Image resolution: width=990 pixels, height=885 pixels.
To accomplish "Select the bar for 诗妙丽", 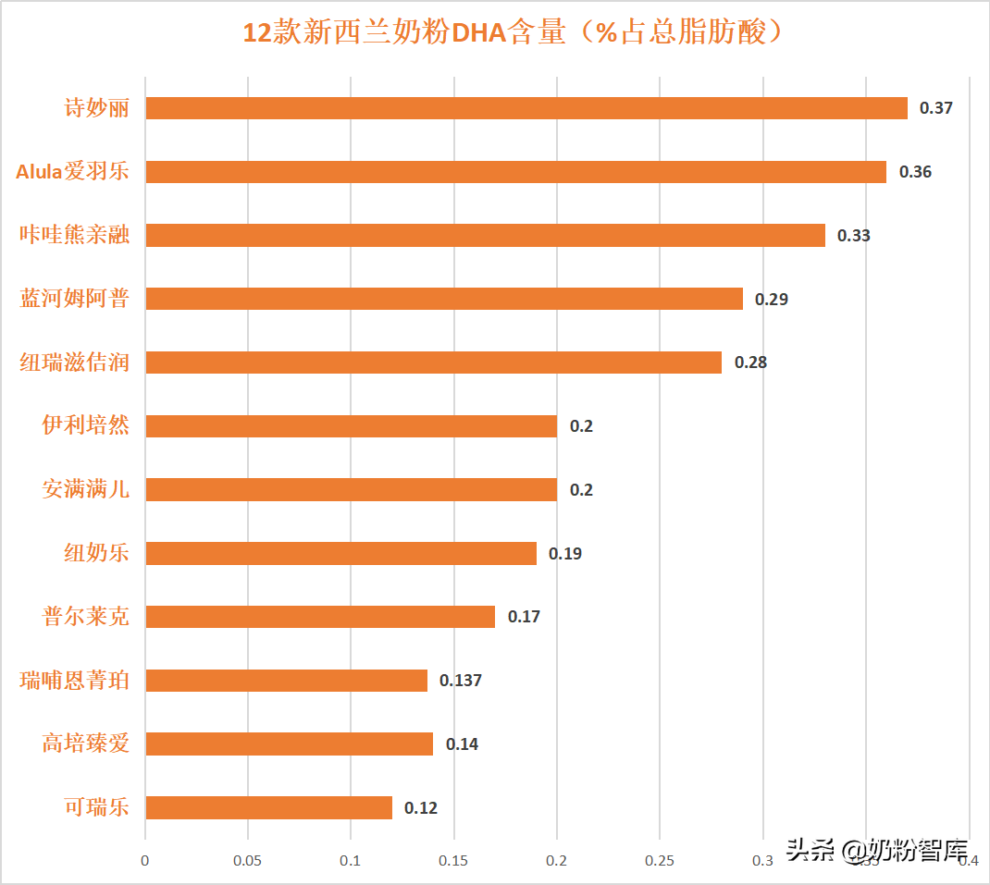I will point(526,108).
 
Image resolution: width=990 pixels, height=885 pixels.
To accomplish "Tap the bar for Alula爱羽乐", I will point(515,172).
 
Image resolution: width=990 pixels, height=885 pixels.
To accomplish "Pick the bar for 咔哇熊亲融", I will point(485,235).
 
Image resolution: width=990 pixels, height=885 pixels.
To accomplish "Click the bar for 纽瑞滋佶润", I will point(433,363).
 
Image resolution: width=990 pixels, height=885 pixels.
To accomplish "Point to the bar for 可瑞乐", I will point(268,807).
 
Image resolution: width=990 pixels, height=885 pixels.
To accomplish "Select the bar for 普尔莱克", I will point(320,617).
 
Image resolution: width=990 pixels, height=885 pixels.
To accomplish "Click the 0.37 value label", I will point(935,108).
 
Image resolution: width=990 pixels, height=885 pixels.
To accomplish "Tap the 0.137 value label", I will point(461,681).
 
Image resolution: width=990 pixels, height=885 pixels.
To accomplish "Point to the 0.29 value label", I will point(772,299).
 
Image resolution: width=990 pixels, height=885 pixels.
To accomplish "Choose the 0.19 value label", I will point(565,554).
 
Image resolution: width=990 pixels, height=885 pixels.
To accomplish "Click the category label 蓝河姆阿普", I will point(75,299).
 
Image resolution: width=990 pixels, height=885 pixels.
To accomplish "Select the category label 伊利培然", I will point(85,425).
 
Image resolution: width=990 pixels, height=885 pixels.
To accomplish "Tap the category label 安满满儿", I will point(85,489).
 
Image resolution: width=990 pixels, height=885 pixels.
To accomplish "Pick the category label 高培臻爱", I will point(85,743).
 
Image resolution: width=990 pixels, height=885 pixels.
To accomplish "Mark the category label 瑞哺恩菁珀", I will point(75,681).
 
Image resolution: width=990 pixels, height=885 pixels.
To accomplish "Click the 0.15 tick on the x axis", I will point(453,861).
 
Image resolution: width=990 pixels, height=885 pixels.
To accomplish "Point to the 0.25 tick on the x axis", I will point(659,861).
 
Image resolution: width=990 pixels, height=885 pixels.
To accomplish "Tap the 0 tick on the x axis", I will point(145,861).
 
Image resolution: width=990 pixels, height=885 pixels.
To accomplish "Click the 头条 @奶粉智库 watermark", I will point(876,850).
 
